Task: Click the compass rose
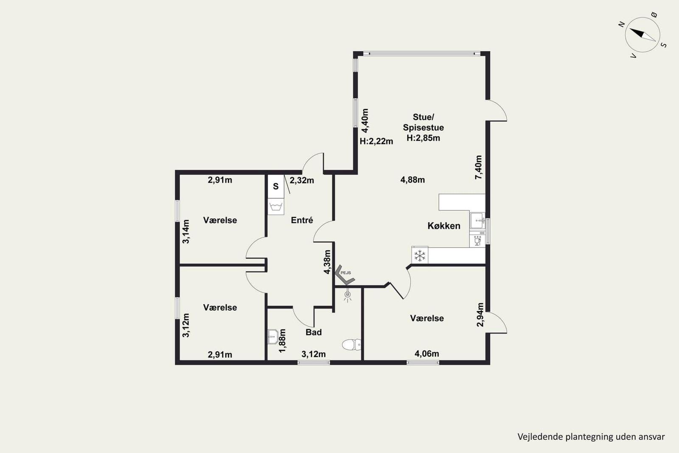(x=643, y=34)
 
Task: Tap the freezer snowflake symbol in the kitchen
(x=420, y=256)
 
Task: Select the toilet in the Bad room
(x=352, y=344)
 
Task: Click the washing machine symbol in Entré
(x=276, y=207)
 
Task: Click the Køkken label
(x=444, y=226)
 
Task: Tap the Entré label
(x=302, y=220)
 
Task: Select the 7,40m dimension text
(x=478, y=167)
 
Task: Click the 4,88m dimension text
(x=412, y=180)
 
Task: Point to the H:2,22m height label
(x=376, y=141)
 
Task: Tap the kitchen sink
(x=477, y=220)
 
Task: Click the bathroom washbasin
(x=273, y=337)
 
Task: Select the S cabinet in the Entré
(x=276, y=186)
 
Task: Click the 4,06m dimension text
(x=427, y=354)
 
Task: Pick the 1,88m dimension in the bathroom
(x=282, y=341)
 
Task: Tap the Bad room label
(x=314, y=332)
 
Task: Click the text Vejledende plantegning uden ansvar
(x=591, y=437)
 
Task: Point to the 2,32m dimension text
(x=302, y=180)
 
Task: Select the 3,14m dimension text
(x=186, y=232)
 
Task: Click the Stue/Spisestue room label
(x=423, y=122)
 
